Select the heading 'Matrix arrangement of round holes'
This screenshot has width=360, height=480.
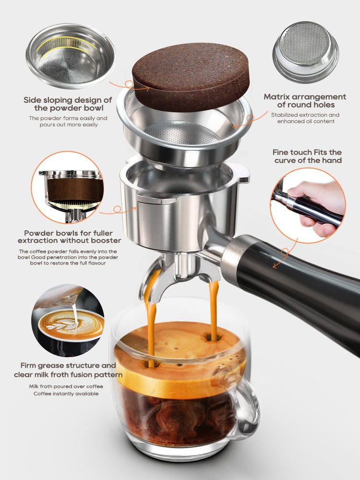304,101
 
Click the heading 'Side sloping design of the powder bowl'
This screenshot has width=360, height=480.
68,104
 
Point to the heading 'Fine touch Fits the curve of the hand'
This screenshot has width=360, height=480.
308,156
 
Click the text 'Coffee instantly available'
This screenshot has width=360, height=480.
66,394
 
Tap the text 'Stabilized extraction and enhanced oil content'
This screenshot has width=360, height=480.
305,118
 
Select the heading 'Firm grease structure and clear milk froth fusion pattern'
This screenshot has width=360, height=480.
68,370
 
